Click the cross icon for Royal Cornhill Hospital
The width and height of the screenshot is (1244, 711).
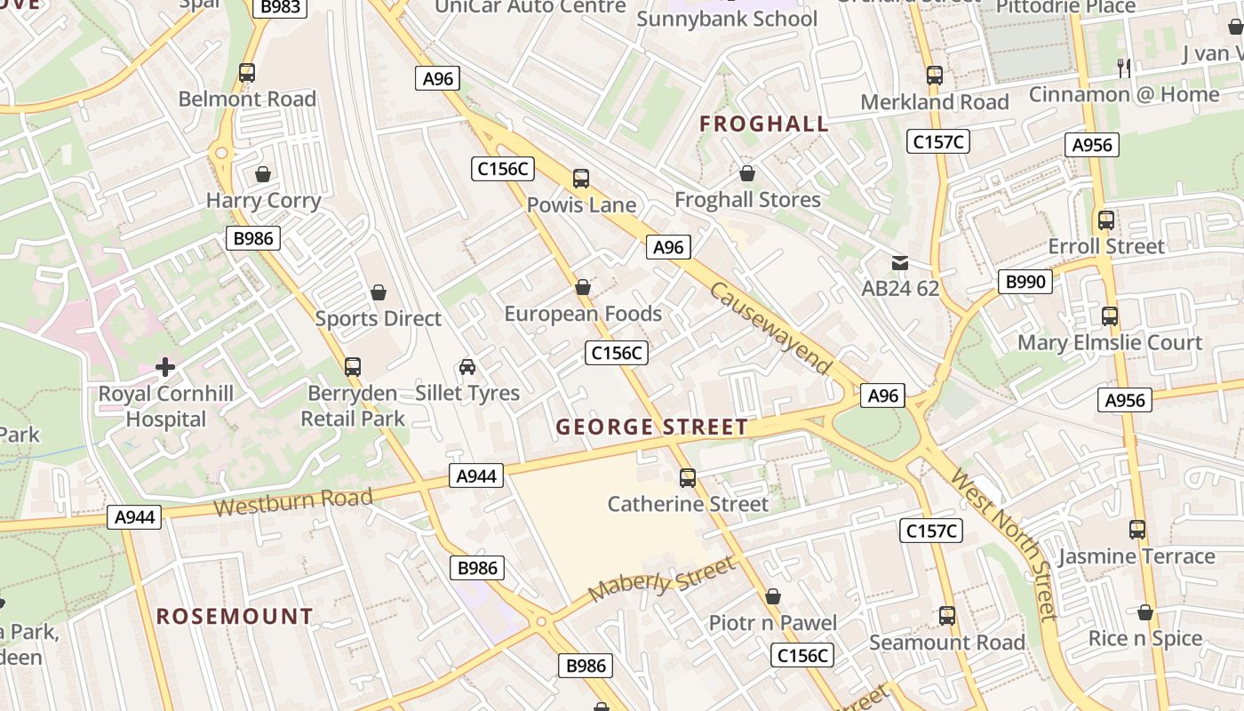tap(165, 366)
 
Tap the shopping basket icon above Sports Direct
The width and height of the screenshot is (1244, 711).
tap(379, 292)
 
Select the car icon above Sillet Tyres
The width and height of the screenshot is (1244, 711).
tap(467, 366)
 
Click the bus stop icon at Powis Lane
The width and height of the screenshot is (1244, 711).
tap(581, 179)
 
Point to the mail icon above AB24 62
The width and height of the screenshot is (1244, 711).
tap(900, 262)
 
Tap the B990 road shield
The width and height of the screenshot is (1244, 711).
tap(1025, 282)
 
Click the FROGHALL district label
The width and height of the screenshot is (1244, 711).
tap(764, 124)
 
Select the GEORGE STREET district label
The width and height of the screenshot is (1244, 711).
tap(652, 427)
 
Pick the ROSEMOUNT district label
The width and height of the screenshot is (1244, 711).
tap(235, 616)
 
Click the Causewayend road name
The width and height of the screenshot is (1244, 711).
tap(771, 329)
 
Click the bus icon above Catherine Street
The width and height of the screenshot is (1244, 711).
tap(688, 478)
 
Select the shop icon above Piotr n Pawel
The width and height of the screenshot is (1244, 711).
tap(773, 596)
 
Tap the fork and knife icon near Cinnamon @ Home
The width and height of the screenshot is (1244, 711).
tap(1124, 68)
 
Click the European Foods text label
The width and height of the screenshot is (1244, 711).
tap(583, 314)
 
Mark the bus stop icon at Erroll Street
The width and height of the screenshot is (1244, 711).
tap(1106, 220)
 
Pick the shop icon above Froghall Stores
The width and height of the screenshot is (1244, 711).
tap(747, 173)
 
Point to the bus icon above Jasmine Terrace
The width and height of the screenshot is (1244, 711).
tap(1137, 530)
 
